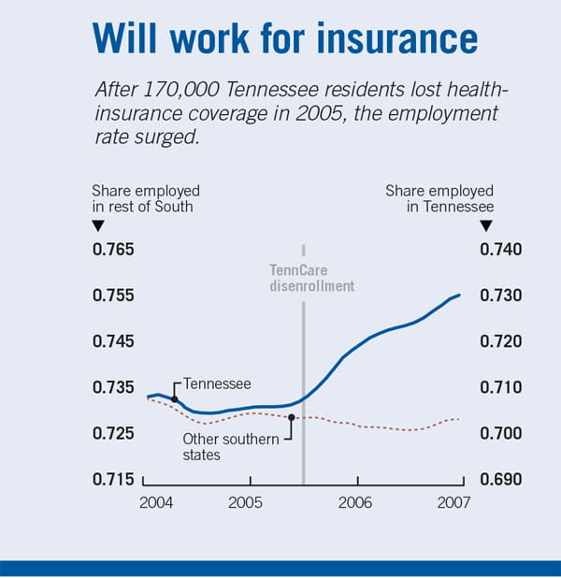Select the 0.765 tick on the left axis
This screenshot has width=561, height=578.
coord(112,250)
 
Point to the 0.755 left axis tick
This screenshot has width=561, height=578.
coord(112,296)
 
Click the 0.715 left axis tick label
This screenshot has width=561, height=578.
coord(112,480)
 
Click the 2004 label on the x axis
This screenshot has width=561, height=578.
coord(156,503)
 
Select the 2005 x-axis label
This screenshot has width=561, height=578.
coord(244,503)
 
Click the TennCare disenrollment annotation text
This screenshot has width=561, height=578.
coord(306,278)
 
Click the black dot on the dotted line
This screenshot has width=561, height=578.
coord(292,418)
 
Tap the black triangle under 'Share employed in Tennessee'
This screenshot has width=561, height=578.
coord(485,225)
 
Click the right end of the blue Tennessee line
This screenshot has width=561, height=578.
coord(460,296)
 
